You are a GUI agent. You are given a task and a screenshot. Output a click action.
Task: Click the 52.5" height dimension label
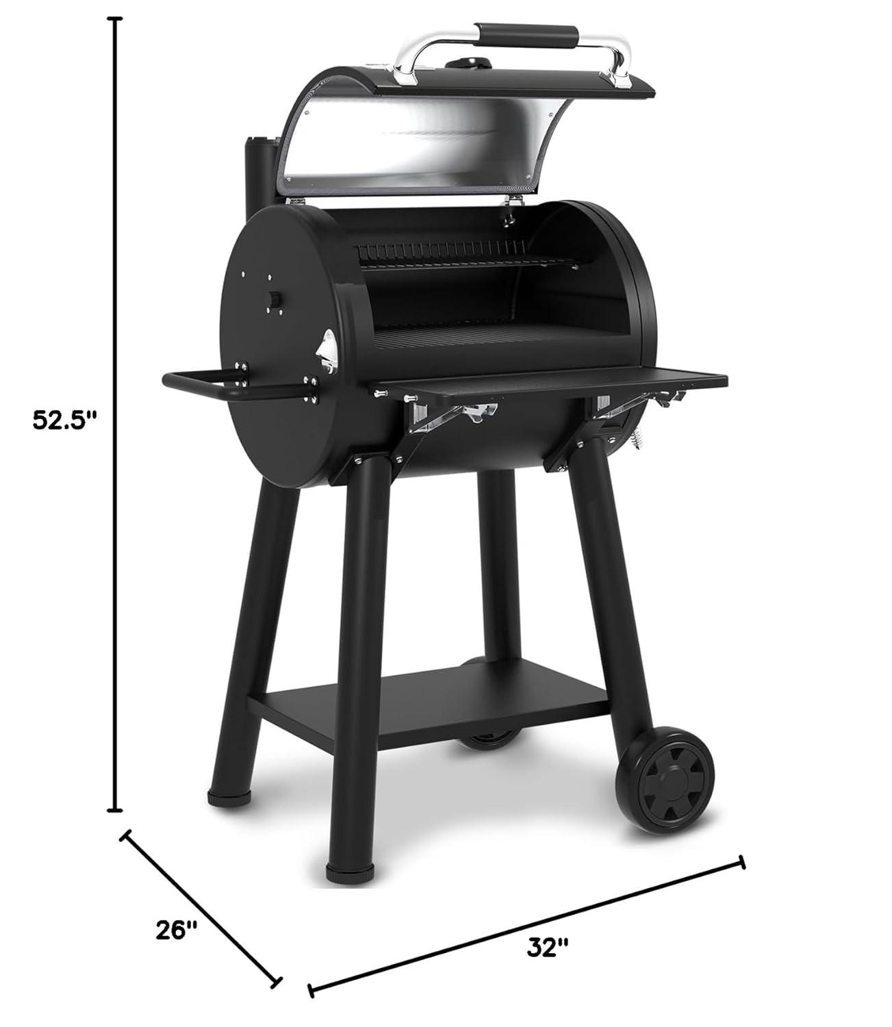click(62, 420)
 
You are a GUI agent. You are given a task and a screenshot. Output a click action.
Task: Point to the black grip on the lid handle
click(527, 34)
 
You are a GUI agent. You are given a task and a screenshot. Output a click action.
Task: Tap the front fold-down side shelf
click(548, 383)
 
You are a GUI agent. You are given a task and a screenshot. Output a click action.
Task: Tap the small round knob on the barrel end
click(274, 300)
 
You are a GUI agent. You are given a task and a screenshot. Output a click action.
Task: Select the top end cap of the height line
click(117, 20)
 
